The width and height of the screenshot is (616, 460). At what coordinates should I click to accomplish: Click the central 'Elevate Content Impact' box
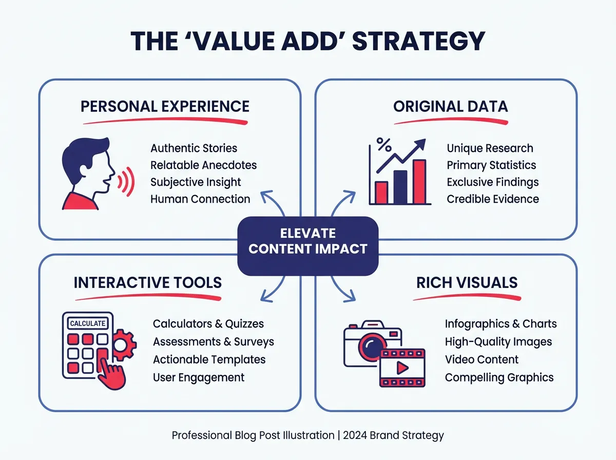point(308,241)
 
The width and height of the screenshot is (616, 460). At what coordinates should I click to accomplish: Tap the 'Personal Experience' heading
point(165,106)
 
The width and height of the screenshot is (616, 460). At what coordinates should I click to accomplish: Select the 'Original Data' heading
point(450,106)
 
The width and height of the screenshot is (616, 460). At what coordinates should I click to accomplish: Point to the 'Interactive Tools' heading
point(148,282)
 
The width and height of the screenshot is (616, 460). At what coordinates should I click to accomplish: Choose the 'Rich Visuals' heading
point(467,282)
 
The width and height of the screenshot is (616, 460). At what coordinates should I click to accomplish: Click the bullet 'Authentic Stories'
point(194,148)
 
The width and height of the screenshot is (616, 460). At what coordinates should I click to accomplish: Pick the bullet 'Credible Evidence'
point(493,199)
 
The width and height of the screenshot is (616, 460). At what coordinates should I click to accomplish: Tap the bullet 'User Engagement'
point(199,377)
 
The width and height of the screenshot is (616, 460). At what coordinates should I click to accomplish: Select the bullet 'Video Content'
point(482,359)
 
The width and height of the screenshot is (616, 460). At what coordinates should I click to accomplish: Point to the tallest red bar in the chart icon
point(419,181)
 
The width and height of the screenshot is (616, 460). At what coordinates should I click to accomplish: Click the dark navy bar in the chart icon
point(400,186)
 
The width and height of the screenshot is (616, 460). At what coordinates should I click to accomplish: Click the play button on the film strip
point(402,368)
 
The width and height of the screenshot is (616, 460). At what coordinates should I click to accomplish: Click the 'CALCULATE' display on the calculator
point(88,323)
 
